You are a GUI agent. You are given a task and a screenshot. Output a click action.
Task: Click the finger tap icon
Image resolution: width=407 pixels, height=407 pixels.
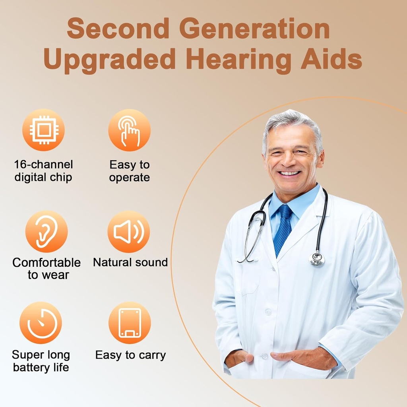(x=130, y=130)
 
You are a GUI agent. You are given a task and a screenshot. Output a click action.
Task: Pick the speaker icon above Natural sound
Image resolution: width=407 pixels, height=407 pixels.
(x=129, y=232)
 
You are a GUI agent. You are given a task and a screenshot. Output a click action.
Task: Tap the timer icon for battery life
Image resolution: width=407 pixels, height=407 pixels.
(x=41, y=323)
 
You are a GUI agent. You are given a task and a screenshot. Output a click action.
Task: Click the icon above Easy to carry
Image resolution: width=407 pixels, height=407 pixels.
(x=130, y=323)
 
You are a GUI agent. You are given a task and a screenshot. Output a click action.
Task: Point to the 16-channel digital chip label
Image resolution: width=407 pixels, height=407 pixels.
(x=43, y=171)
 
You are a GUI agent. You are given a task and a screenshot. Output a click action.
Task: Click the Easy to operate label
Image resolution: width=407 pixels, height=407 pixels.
(x=130, y=171)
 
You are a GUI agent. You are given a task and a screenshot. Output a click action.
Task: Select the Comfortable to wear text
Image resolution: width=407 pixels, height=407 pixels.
(x=47, y=269)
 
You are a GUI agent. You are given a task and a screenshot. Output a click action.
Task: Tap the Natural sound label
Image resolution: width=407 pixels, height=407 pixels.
(x=130, y=262)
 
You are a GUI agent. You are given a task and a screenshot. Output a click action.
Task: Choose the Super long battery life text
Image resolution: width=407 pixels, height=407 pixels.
(x=41, y=361)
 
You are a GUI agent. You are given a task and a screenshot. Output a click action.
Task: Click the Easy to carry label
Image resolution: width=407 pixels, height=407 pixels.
(x=130, y=355)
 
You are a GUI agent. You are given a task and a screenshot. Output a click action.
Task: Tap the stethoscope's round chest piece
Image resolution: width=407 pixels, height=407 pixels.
(x=316, y=259)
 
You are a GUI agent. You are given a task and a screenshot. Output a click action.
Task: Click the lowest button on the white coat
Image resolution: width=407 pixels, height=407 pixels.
(x=264, y=356)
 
